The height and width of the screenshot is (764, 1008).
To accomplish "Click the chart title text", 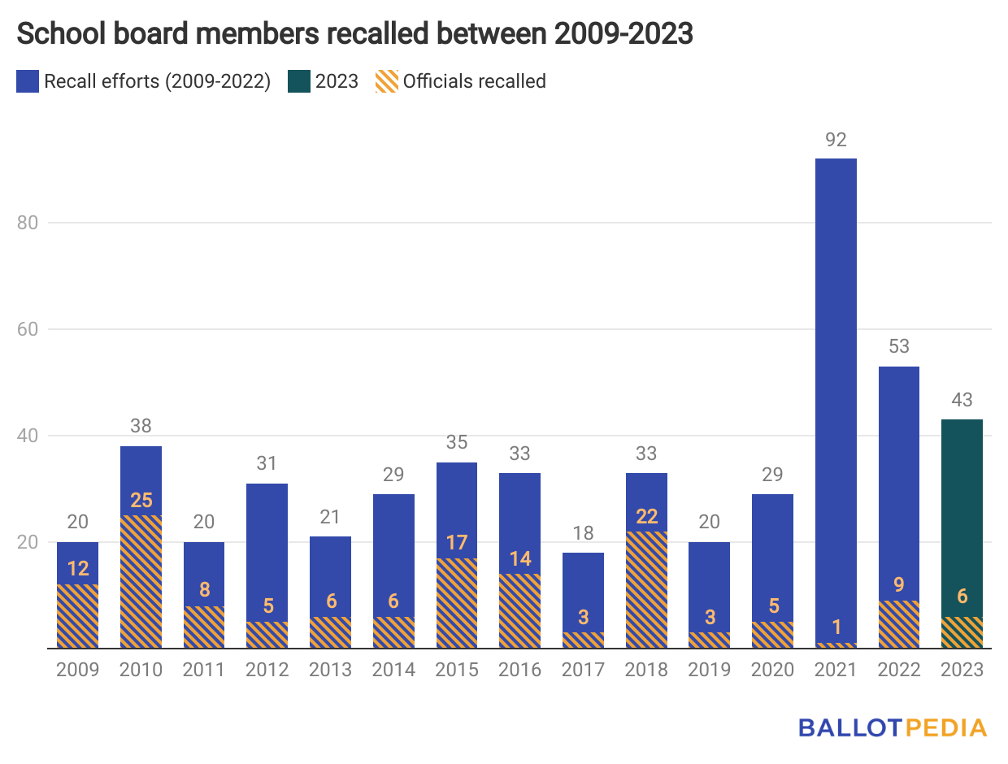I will (x=354, y=34).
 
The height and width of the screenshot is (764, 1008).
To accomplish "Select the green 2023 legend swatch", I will (x=298, y=81).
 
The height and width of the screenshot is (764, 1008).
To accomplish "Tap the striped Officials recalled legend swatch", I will (x=386, y=81).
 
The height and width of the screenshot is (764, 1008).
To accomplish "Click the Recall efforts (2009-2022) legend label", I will (x=157, y=81).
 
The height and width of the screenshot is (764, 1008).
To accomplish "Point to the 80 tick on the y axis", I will (x=28, y=223).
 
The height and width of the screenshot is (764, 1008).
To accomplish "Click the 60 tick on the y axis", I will (x=28, y=329).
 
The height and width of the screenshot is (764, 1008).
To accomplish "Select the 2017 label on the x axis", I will (x=583, y=670).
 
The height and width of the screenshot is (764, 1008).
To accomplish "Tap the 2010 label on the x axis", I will (x=141, y=670).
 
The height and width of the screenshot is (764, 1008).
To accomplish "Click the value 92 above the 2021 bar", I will (x=836, y=140).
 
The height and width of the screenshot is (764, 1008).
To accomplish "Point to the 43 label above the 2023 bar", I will (x=962, y=401).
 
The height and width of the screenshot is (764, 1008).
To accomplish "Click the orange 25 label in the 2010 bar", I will (x=141, y=500).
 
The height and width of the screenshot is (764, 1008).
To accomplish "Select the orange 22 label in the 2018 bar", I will (x=646, y=516).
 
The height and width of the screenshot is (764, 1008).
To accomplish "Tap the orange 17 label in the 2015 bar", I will (x=457, y=542).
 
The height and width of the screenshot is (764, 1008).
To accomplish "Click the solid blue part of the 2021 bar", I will (x=836, y=390).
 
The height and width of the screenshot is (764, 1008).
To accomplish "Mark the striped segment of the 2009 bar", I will (x=77, y=618).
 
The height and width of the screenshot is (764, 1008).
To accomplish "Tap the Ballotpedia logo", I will (x=893, y=727).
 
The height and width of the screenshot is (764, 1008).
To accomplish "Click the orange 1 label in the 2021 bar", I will (x=836, y=627).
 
